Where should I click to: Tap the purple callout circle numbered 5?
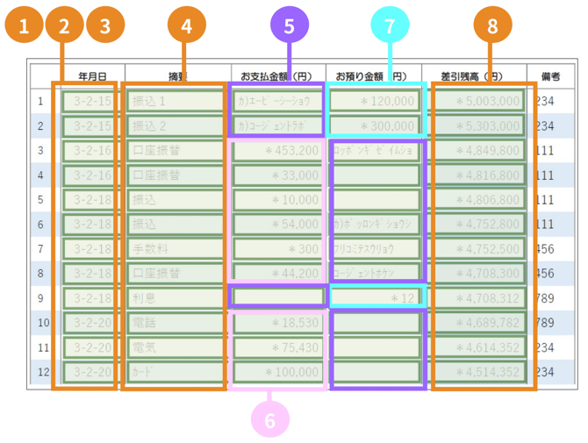(x=289, y=26)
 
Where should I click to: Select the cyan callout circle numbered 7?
(x=391, y=26)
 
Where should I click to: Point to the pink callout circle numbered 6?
(x=269, y=421)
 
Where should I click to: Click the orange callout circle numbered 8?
(x=492, y=26)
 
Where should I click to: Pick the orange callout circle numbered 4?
(x=186, y=26)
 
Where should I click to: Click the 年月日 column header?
(x=93, y=76)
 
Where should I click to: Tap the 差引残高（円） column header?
(x=473, y=76)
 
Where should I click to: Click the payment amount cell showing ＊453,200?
(x=277, y=150)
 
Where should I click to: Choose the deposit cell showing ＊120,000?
(x=373, y=101)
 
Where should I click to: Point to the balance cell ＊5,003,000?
(x=482, y=101)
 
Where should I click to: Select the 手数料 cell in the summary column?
(x=174, y=248)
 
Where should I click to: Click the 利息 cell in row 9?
(x=174, y=297)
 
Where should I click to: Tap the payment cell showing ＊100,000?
(x=277, y=371)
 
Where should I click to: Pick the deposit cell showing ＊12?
(x=373, y=297)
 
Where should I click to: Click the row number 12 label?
(x=40, y=371)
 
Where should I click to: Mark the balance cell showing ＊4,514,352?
(x=482, y=371)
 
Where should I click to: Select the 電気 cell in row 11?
(x=174, y=347)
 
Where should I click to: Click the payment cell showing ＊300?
(x=277, y=248)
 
